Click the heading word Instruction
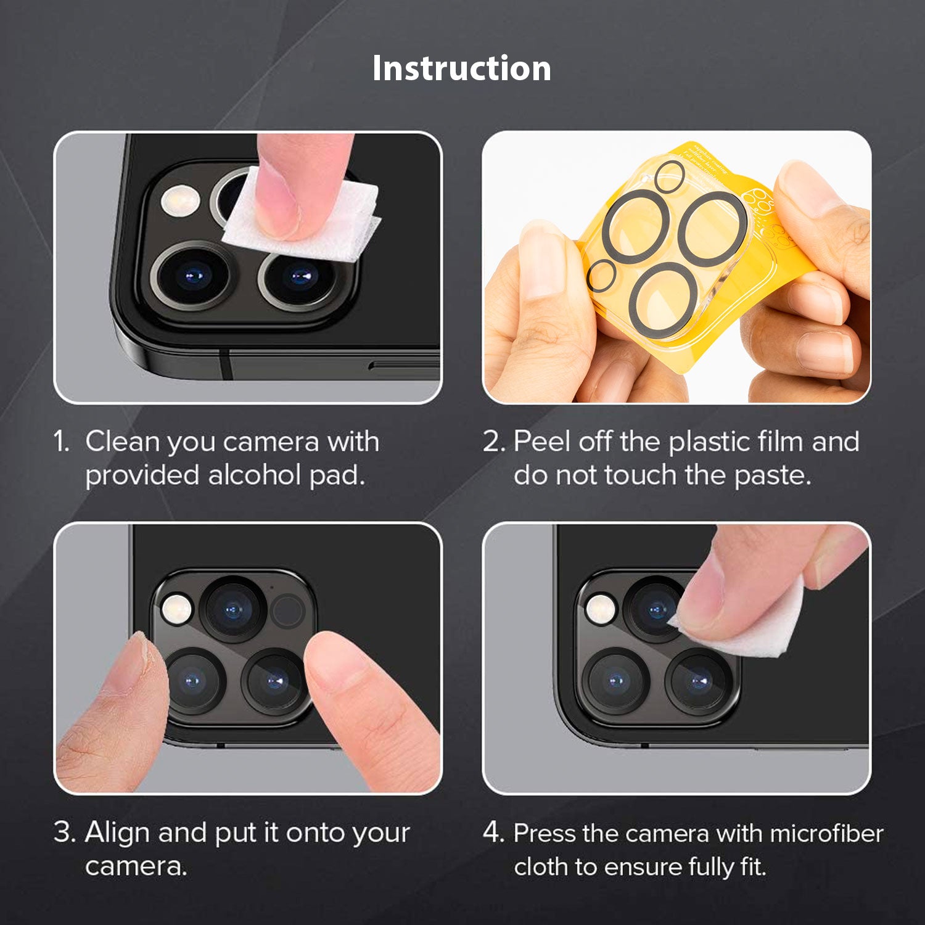(462, 68)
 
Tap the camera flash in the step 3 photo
(177, 609)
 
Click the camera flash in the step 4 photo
(601, 609)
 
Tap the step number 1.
(61, 442)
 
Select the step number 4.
(493, 832)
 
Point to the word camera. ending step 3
(136, 866)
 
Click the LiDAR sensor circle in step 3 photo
(288, 610)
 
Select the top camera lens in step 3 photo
(233, 610)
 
